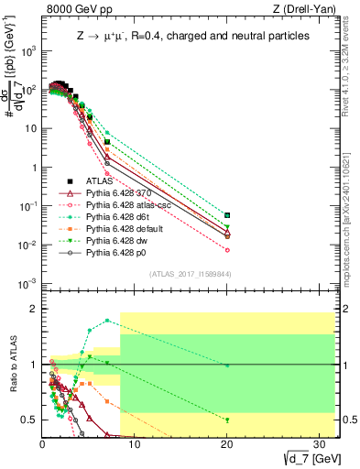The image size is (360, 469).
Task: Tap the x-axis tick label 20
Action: [226, 444]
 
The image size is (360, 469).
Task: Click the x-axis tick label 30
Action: [318, 444]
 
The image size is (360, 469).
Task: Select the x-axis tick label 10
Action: [134, 444]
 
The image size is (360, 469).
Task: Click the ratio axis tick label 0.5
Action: [30, 420]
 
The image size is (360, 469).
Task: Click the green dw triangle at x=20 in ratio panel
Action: [227, 420]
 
